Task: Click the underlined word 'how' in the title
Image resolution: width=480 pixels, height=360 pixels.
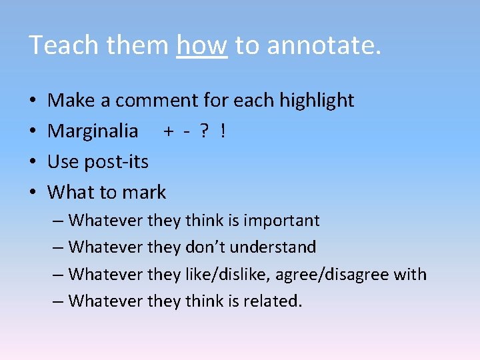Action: tap(202, 45)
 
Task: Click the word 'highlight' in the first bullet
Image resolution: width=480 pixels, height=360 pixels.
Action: tap(317, 101)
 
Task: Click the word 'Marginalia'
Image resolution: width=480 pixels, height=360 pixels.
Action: tap(93, 131)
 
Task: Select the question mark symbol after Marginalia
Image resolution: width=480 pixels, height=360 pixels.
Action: tap(204, 131)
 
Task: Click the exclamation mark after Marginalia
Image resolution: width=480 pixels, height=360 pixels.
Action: tap(223, 131)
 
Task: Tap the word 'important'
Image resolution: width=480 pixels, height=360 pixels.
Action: tap(281, 220)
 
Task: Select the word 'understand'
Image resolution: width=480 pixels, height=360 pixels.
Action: tap(279, 247)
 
